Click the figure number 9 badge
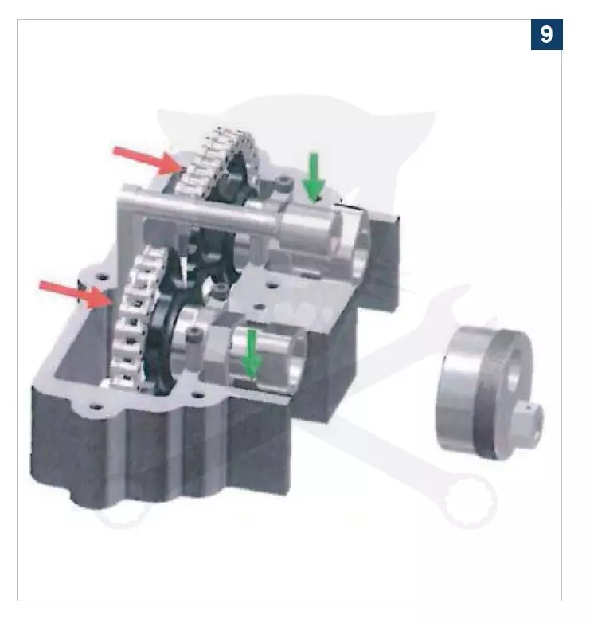click(x=546, y=34)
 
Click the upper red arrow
click(x=148, y=160)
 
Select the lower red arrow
click(x=75, y=294)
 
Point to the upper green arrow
click(x=314, y=178)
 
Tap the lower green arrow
click(x=252, y=354)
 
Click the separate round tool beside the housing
click(x=489, y=393)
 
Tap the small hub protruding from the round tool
click(x=530, y=422)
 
